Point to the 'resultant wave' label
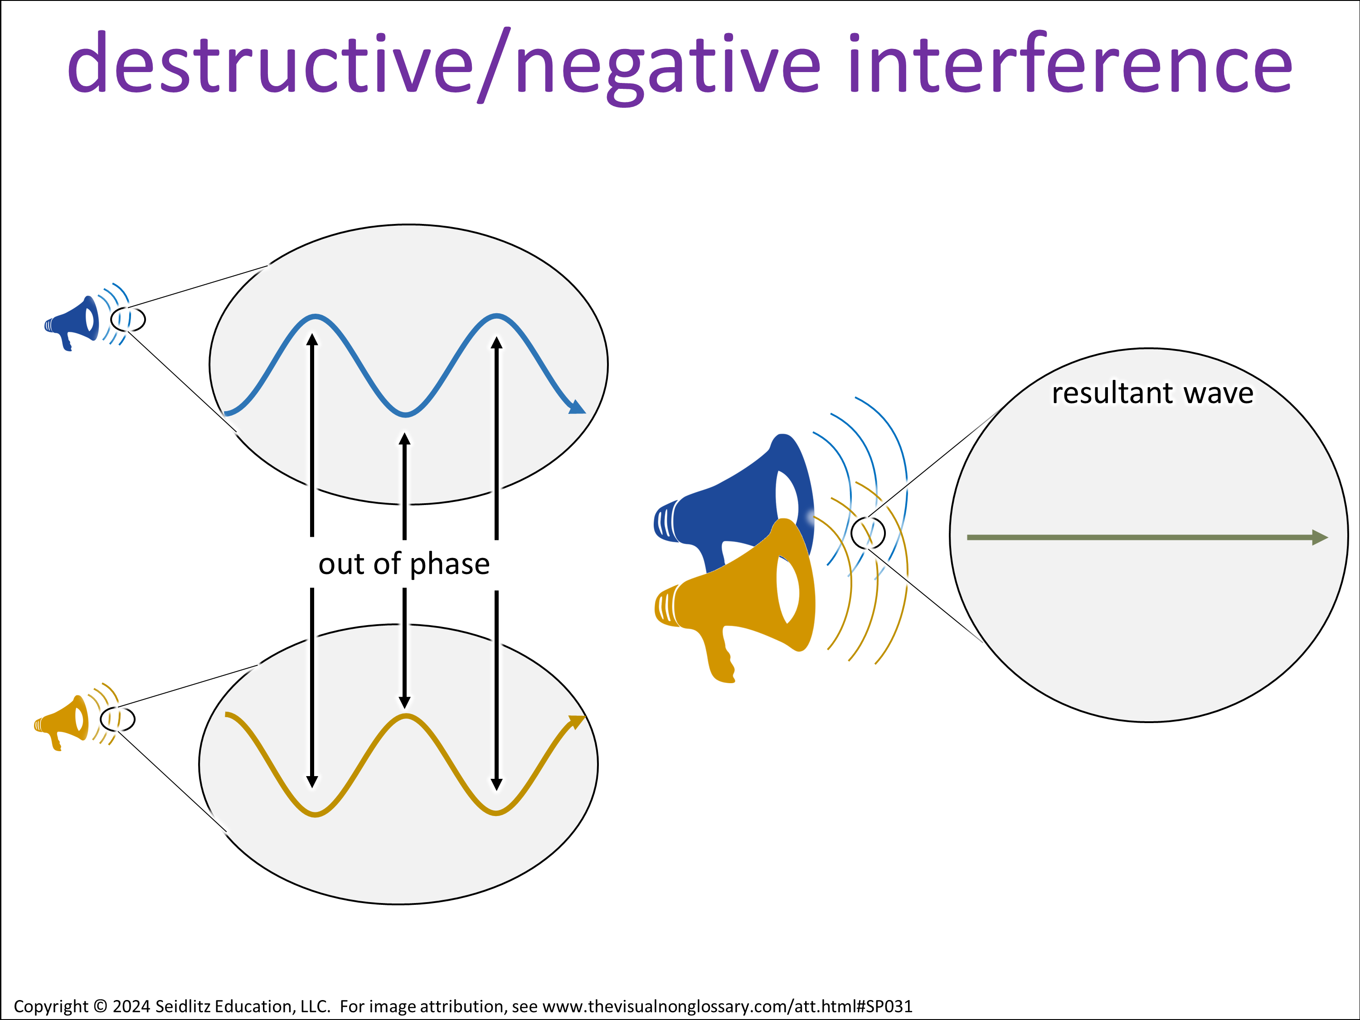(1153, 393)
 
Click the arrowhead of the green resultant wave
(1319, 537)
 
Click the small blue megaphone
(73, 323)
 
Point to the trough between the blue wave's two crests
(406, 414)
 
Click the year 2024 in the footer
(131, 1006)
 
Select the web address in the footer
(727, 1006)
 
